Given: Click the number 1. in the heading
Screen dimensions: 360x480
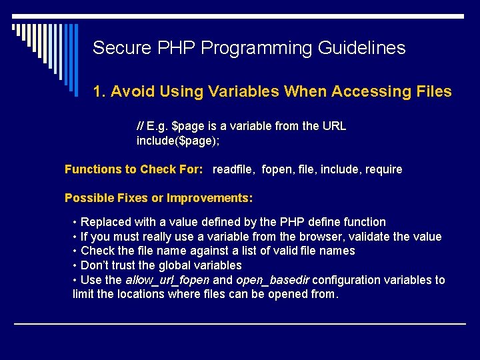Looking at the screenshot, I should tap(100, 92).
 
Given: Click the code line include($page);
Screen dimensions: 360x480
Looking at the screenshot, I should tap(178, 141).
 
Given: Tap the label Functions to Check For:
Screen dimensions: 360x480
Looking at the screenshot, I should tap(133, 169).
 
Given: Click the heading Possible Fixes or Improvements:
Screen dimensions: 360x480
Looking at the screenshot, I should tap(159, 198).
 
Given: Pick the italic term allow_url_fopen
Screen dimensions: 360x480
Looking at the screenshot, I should tap(167, 280).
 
